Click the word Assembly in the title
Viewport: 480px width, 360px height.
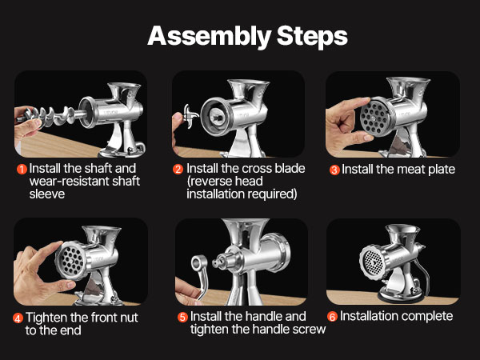(x=209, y=37)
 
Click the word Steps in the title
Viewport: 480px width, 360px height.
(x=312, y=36)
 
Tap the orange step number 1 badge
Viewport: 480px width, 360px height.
(x=22, y=169)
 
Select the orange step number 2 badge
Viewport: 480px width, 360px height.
(x=178, y=169)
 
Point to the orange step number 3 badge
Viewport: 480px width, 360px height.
(x=334, y=170)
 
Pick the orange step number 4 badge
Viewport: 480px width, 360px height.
(x=18, y=318)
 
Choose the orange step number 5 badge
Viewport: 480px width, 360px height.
(x=182, y=317)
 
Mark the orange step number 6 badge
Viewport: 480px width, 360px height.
(x=332, y=317)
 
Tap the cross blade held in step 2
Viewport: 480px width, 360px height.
(x=190, y=117)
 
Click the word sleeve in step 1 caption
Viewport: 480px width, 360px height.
(x=47, y=194)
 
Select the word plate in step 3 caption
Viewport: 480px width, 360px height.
(x=442, y=170)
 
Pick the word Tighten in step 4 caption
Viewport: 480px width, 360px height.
(x=47, y=318)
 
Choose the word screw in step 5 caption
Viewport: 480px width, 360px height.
(x=309, y=330)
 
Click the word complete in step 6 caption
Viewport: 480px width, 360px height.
(x=426, y=317)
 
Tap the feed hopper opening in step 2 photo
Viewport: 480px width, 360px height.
(x=249, y=82)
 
